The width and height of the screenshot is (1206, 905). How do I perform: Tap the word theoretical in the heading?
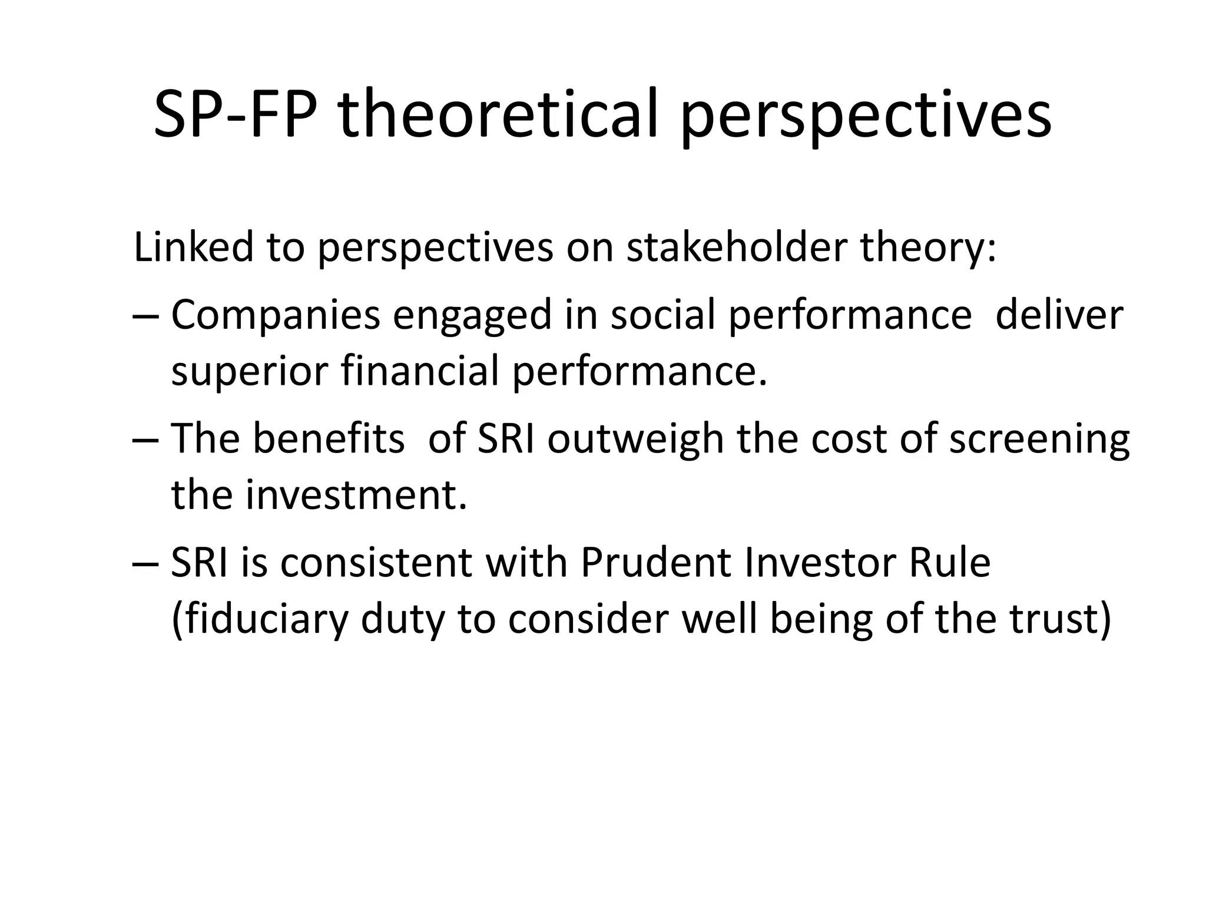[x=497, y=113]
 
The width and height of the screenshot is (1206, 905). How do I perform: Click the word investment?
[x=356, y=494]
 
